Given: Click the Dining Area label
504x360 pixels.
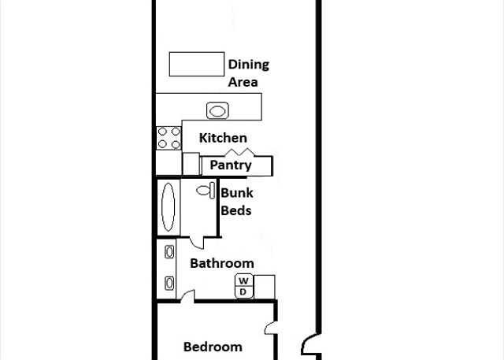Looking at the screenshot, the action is (249, 73).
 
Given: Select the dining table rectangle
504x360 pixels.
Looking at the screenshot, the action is (197, 64).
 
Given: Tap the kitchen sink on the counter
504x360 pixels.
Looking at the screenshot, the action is (217, 110).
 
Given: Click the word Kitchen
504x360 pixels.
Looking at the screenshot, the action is (223, 138).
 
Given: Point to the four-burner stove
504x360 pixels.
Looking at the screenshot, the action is (169, 138).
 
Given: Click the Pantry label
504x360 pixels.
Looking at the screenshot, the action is (231, 165).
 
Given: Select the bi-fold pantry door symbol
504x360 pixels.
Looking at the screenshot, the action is (239, 152).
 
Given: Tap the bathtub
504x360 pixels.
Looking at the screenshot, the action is (168, 207).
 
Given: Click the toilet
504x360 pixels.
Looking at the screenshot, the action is (206, 191).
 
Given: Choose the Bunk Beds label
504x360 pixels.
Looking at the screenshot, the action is (236, 202).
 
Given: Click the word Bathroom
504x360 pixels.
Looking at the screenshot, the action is (222, 263).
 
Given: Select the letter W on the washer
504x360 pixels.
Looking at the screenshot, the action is (243, 280).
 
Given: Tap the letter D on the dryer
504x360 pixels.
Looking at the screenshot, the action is (243, 291).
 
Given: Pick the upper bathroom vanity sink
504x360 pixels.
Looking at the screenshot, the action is (169, 251).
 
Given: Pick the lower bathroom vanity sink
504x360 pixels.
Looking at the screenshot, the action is (169, 283).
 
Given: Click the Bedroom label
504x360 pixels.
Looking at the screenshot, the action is (213, 347).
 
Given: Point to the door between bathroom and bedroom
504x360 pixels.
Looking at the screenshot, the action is (187, 296).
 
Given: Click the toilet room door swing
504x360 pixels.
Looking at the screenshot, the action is (196, 243).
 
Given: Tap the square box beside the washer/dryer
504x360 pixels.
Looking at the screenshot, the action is (265, 287).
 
